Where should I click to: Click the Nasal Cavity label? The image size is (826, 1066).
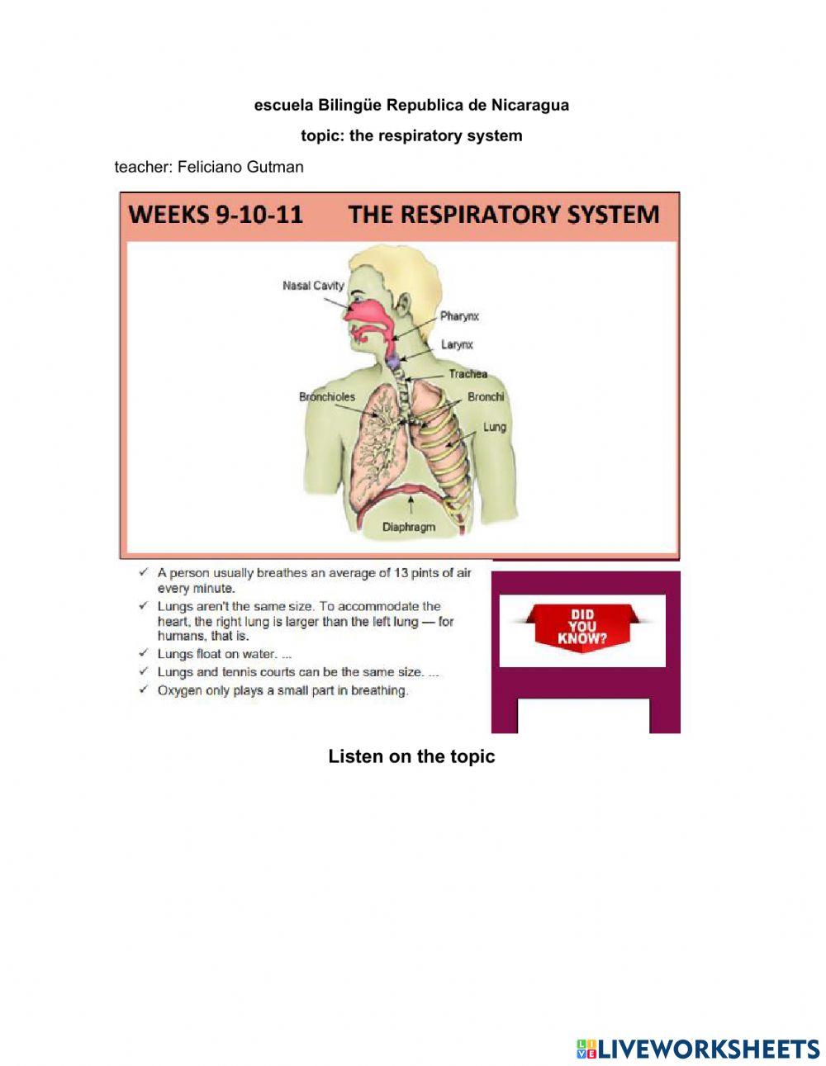(313, 286)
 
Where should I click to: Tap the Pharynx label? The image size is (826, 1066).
(459, 316)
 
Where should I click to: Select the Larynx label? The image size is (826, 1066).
(457, 344)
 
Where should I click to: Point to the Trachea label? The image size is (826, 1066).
(468, 374)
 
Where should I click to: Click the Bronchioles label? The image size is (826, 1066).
(326, 397)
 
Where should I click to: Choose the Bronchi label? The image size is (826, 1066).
(485, 397)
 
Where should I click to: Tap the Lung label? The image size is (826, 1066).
(494, 427)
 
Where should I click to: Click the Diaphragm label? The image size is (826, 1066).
(408, 526)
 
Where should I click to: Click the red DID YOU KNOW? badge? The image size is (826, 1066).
(582, 627)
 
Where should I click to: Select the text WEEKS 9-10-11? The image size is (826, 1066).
(216, 215)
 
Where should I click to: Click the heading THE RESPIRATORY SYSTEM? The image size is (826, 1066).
(503, 215)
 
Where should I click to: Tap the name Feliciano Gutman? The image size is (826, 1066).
(240, 167)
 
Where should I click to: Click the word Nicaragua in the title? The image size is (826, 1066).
(529, 105)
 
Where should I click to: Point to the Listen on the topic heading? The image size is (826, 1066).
(411, 756)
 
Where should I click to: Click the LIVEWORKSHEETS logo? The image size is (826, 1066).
(698, 1049)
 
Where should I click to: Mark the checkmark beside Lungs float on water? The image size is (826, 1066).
(144, 653)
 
